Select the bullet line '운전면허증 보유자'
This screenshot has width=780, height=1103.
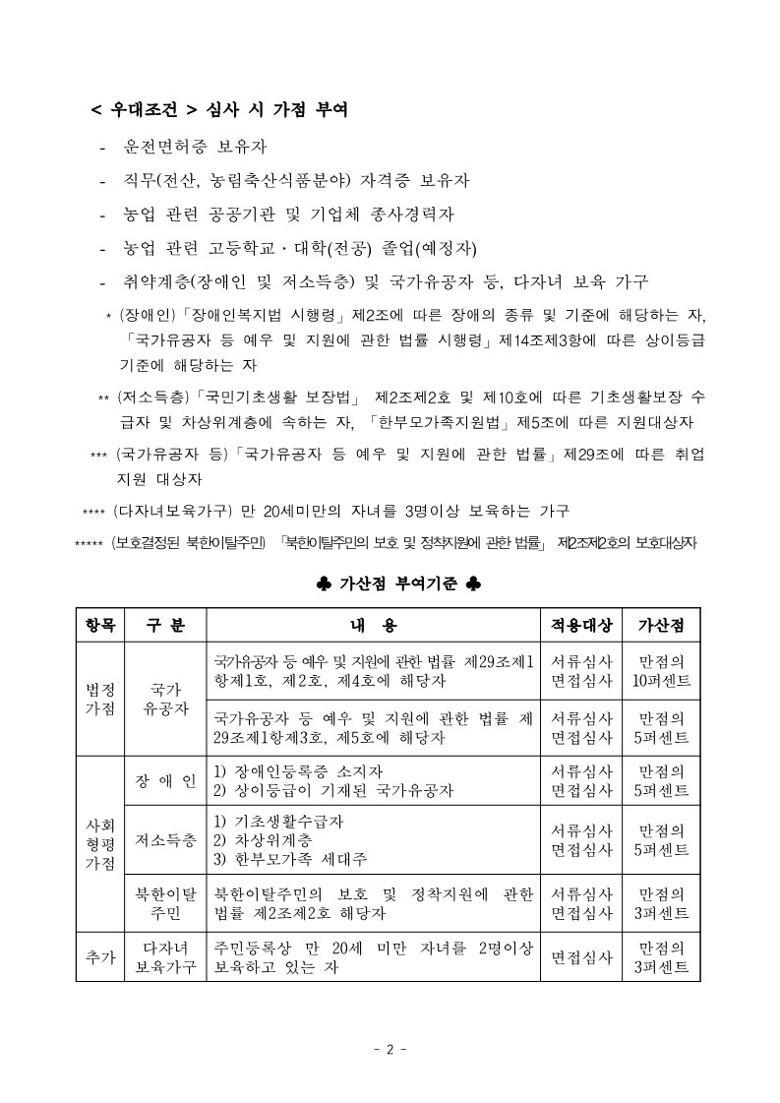195,147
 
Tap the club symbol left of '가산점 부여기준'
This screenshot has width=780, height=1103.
325,583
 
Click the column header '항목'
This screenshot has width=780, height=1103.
99,625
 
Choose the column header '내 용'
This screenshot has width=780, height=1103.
374,625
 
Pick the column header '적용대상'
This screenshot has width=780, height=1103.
581,625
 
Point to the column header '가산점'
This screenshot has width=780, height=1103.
662,625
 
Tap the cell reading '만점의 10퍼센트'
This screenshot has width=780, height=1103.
662,670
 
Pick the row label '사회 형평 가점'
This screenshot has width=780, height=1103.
99,839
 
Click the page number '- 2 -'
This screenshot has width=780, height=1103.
390,1049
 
